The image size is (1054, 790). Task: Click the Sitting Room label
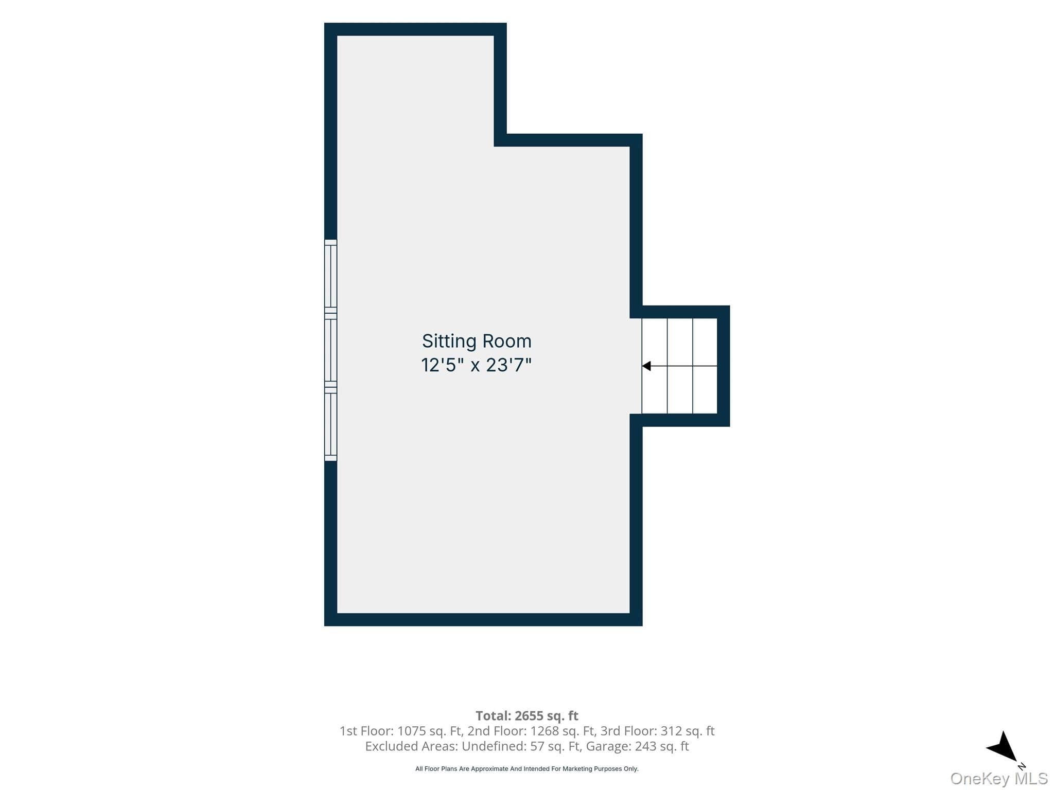tap(477, 342)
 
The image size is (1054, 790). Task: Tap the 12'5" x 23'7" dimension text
tap(476, 365)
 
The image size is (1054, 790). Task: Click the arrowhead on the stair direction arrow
tap(646, 366)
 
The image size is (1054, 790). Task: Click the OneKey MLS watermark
tap(999, 779)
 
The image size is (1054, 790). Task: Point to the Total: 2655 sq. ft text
tap(527, 715)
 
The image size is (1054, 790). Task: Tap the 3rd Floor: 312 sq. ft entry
tap(658, 731)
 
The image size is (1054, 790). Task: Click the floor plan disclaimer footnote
tap(527, 769)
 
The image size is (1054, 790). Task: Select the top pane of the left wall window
tap(330, 276)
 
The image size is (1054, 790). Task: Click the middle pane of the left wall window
tap(330, 350)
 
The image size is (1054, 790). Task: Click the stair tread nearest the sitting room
tap(655, 366)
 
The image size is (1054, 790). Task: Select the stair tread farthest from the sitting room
tap(705, 366)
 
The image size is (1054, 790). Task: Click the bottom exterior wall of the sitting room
tap(483, 620)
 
